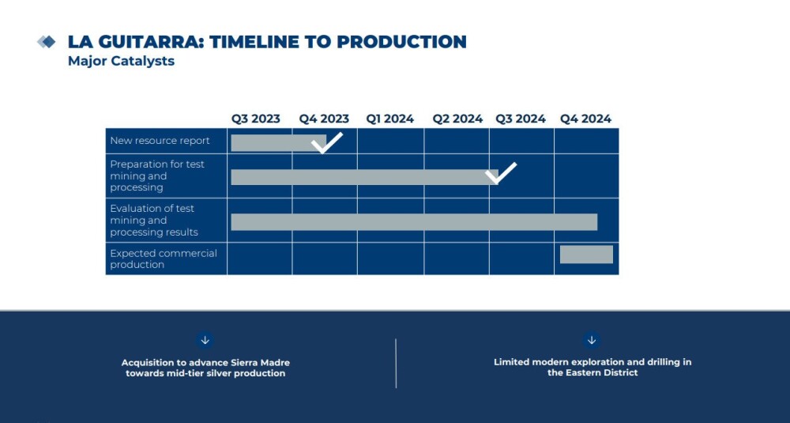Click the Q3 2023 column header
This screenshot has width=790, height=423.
point(255,119)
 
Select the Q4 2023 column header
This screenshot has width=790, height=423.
point(324,119)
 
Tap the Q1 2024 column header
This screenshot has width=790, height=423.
point(390,119)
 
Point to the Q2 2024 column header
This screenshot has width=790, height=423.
point(457,119)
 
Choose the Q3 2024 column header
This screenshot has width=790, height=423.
point(521,119)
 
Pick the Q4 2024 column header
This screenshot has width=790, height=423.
point(586,119)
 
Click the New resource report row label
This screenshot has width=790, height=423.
point(160,141)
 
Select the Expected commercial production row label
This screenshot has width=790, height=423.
point(164,259)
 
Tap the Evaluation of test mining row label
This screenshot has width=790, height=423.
point(154,221)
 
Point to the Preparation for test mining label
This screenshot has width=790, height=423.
point(157,176)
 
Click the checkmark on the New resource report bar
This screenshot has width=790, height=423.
point(326,142)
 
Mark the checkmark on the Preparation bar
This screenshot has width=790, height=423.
point(501,173)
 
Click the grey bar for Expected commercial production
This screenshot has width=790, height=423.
point(586,255)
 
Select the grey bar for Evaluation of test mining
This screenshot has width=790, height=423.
point(414,222)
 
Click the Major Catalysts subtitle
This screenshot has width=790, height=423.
point(122,61)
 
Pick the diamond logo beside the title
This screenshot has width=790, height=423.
point(47,42)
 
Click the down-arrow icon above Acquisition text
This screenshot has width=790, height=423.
point(205,340)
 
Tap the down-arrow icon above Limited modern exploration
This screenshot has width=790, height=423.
point(592,340)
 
